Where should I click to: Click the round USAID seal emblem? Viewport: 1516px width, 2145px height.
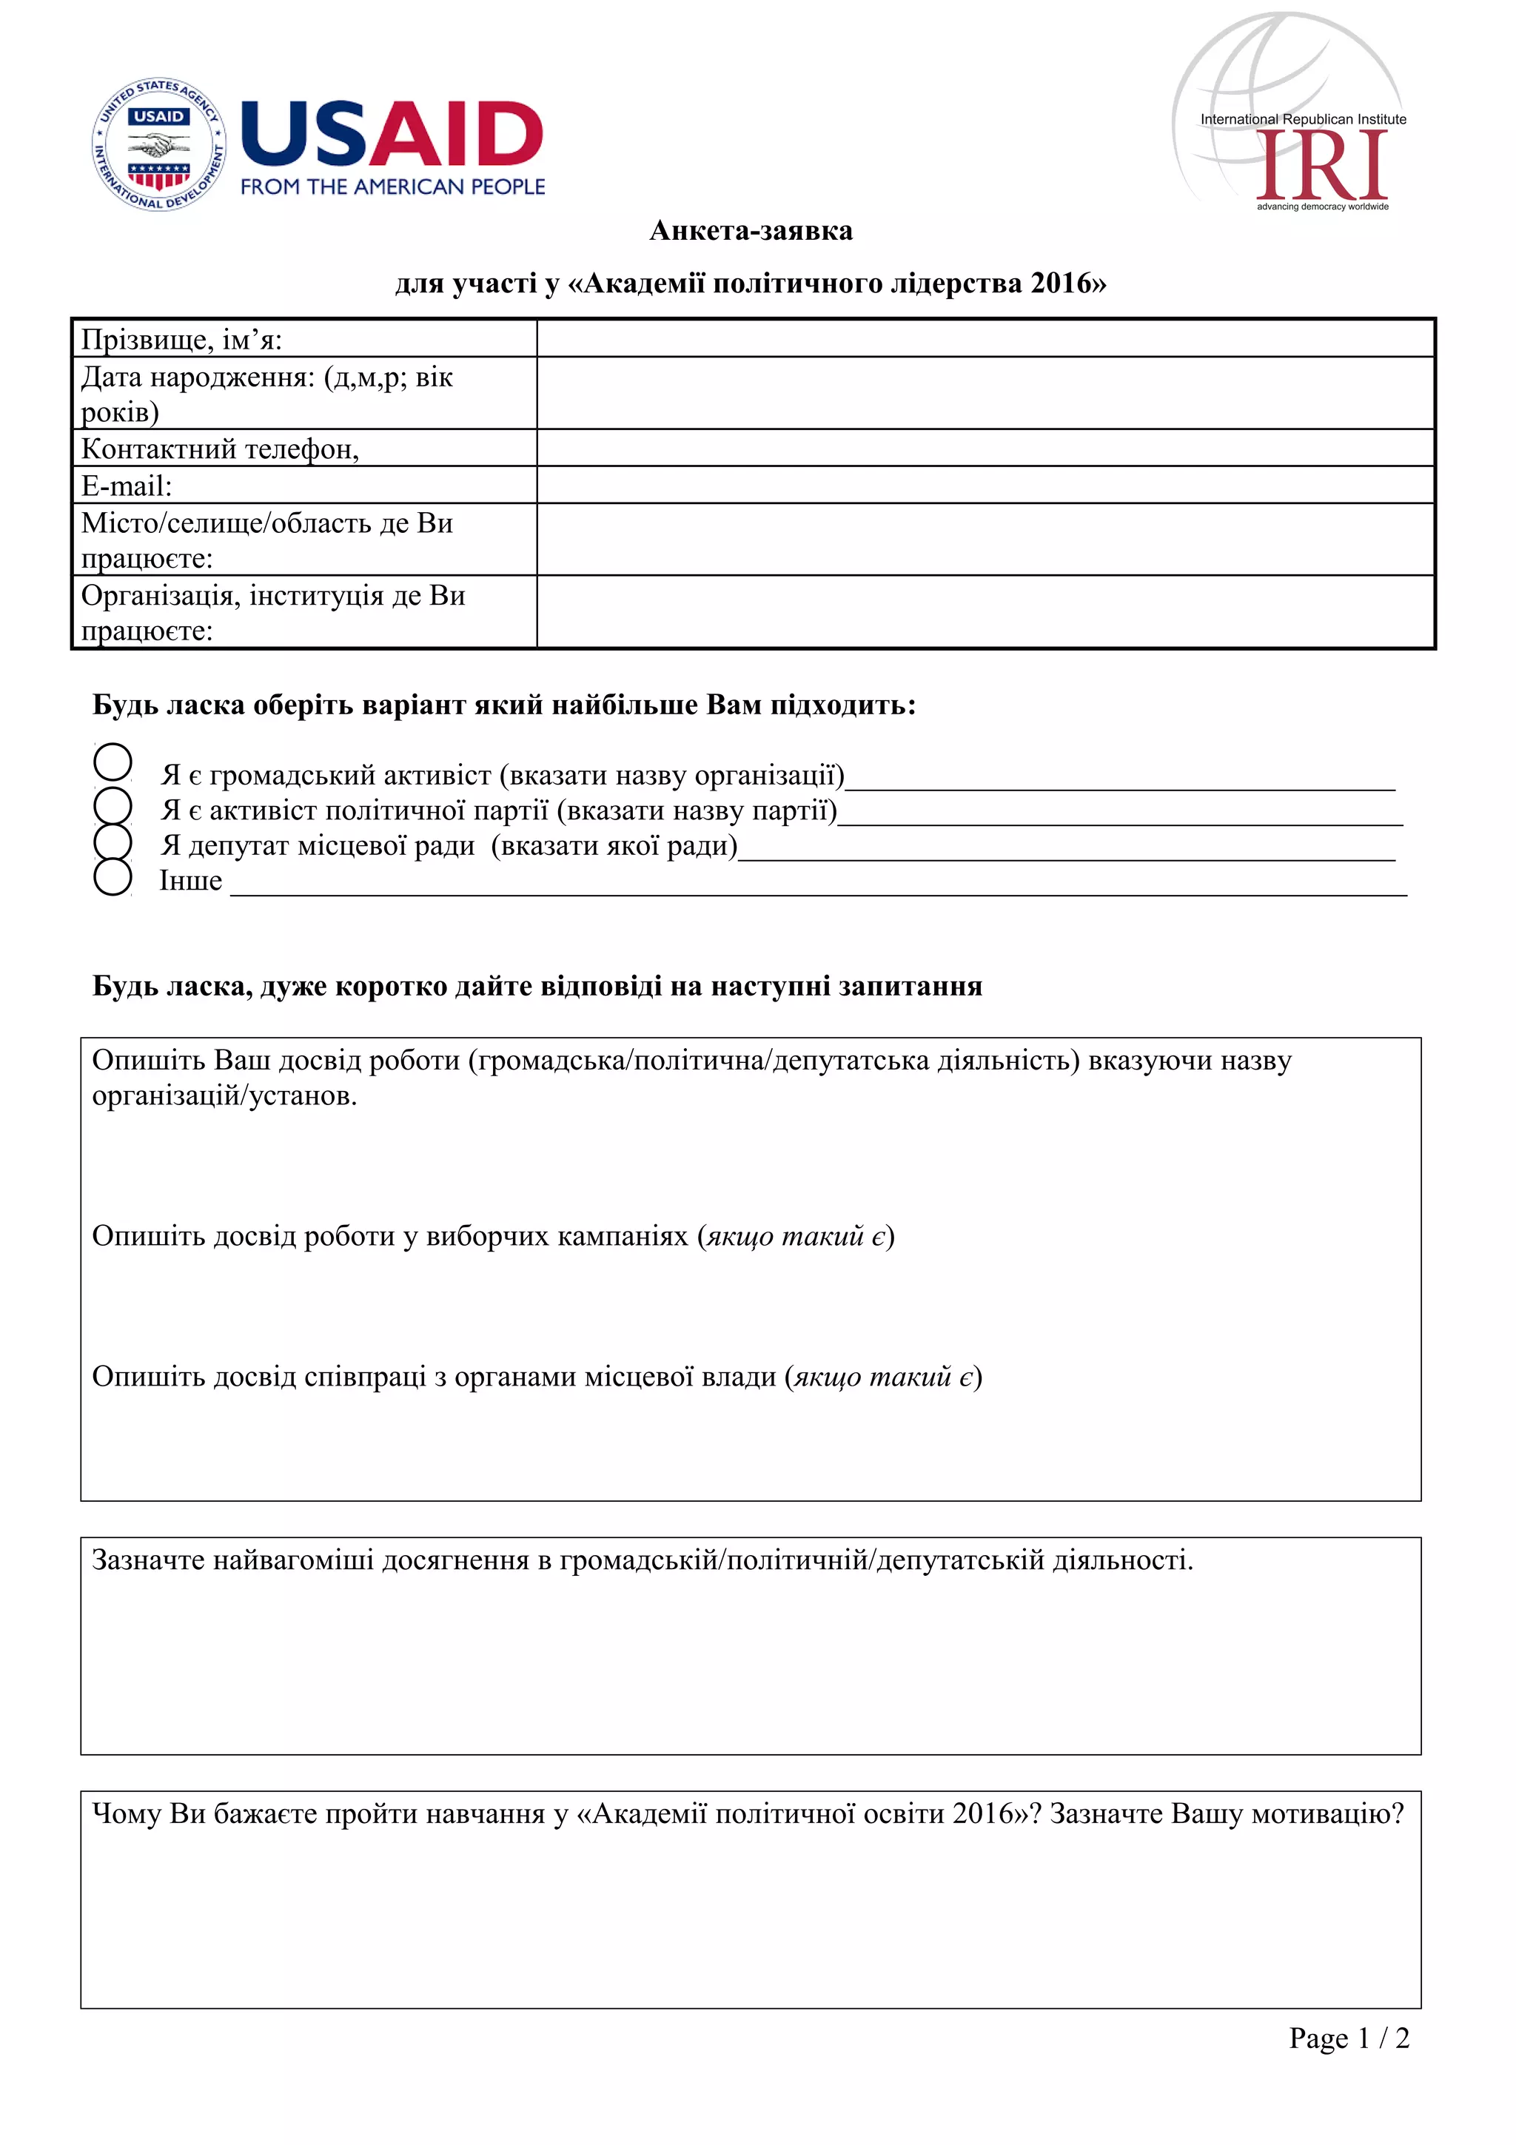[x=159, y=145]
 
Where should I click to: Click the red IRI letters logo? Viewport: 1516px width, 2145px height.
[x=1323, y=165]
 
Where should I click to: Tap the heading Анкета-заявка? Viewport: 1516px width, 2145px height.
[x=751, y=231]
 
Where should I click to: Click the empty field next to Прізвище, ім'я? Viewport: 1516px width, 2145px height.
[x=985, y=338]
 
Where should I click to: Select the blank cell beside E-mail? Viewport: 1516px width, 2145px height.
[x=985, y=485]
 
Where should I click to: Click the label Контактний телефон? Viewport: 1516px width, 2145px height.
[x=221, y=449]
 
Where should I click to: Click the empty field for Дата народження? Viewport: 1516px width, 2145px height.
[x=985, y=393]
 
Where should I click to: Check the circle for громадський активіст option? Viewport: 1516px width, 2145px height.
[x=113, y=762]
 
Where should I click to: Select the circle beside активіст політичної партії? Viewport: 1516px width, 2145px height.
[x=113, y=805]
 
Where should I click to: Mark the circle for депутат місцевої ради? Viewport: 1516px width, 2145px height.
[x=113, y=841]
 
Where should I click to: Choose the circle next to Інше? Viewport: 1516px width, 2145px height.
[x=113, y=877]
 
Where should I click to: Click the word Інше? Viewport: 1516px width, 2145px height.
[x=190, y=881]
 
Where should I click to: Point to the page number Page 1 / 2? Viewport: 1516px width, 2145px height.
[x=1348, y=2038]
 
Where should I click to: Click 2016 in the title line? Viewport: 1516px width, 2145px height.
[x=1061, y=283]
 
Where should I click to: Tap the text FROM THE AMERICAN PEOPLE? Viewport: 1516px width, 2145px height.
[x=392, y=187]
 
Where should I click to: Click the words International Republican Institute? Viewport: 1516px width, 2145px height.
[x=1302, y=120]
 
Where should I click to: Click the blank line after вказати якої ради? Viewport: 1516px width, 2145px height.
[x=1065, y=850]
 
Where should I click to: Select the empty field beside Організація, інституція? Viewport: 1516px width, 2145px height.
[x=985, y=612]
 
